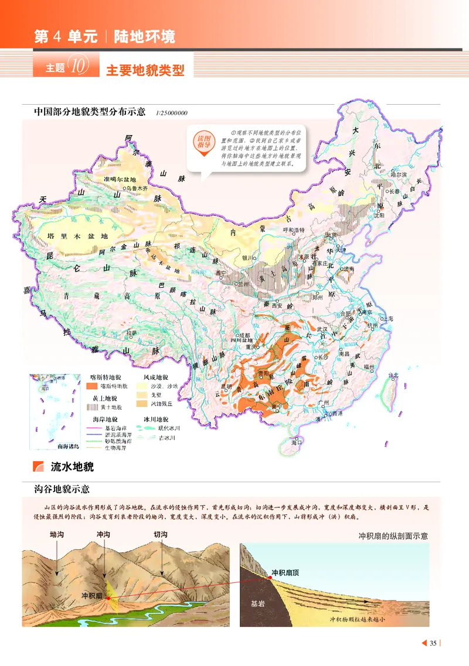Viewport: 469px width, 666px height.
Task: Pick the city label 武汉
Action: pos(322,329)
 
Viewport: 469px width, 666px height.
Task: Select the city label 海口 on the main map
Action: pos(298,443)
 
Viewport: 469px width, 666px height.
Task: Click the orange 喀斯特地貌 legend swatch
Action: pos(93,386)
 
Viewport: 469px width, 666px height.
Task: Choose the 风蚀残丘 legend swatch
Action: pos(141,403)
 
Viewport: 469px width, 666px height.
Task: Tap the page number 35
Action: pos(433,644)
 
